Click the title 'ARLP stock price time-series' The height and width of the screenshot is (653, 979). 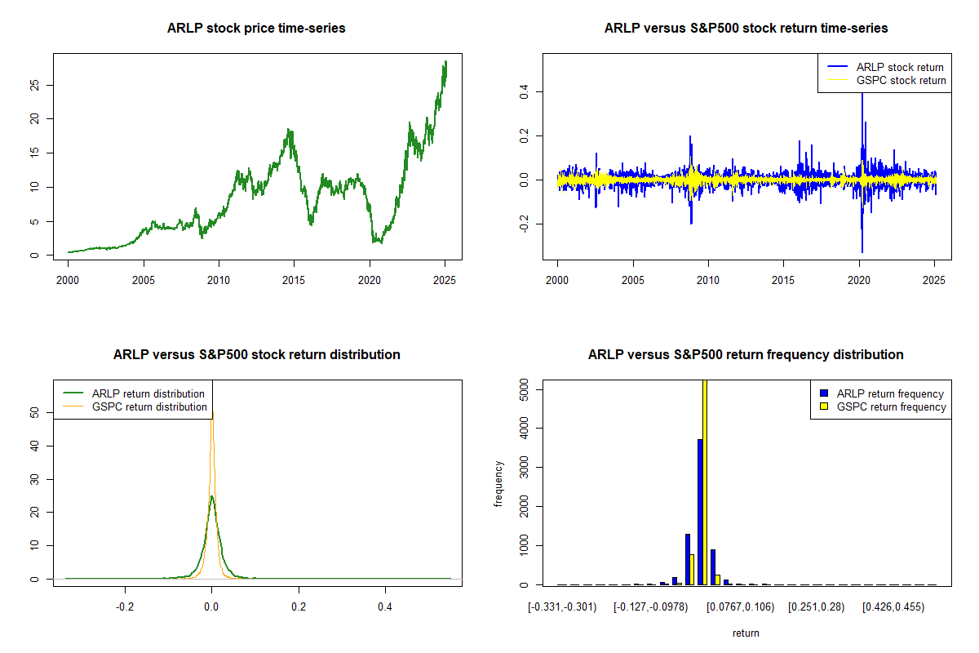(256, 29)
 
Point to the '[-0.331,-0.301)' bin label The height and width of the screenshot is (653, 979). (562, 607)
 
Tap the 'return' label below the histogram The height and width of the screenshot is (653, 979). (746, 633)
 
